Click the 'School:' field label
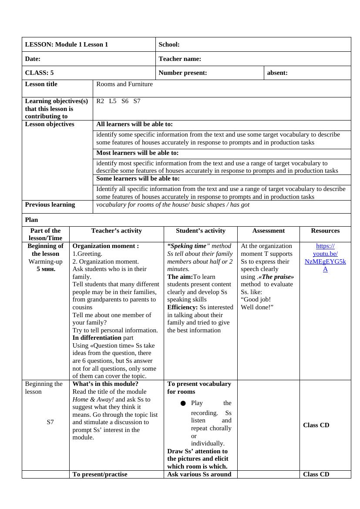point(169,44)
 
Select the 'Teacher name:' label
point(180,59)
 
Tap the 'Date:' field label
point(33,59)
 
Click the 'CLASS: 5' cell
point(39,73)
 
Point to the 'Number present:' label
point(183,73)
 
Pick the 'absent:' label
point(277,73)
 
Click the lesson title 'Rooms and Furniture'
point(124,84)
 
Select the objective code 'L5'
point(113,101)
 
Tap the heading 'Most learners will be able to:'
point(137,153)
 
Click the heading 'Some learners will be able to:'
point(138,178)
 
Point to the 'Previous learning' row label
point(50,204)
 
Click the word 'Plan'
point(31,220)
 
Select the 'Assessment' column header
point(269,231)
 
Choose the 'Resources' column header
point(325,231)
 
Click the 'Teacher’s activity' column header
point(117,231)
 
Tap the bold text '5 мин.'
point(46,269)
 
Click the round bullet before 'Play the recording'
point(183,403)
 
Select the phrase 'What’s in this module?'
point(105,384)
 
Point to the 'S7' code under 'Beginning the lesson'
point(50,422)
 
